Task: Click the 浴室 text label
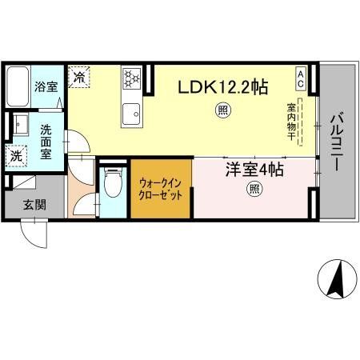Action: tap(46, 86)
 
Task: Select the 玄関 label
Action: tap(33, 205)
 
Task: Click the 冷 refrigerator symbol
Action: tap(80, 77)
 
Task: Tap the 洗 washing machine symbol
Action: tap(17, 155)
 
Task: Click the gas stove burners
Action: tap(131, 78)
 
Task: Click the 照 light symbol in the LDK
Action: tap(220, 112)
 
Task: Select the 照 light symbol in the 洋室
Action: tap(254, 190)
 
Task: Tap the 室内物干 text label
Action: tap(293, 120)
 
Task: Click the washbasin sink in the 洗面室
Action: tap(18, 125)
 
